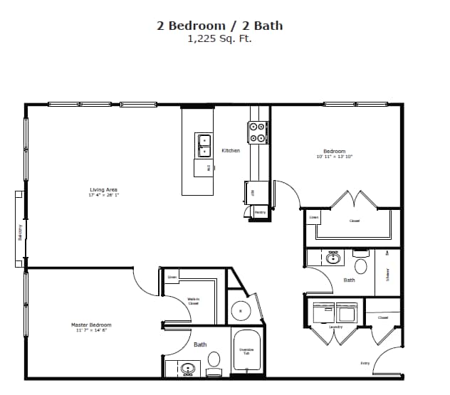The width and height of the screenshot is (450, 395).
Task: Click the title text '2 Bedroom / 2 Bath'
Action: coord(219,26)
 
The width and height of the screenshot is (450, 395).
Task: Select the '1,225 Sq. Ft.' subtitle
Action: coord(219,39)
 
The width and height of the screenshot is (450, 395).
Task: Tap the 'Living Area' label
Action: coord(103,190)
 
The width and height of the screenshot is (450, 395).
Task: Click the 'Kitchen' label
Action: coord(231,150)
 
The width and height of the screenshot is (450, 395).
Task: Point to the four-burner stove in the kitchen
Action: coord(257,132)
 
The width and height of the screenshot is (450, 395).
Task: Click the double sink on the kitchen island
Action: coord(204,145)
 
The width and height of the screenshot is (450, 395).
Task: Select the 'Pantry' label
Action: coord(260,212)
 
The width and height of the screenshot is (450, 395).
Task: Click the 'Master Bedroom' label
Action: coord(91,325)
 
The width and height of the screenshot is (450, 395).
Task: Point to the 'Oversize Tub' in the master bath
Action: coord(247,351)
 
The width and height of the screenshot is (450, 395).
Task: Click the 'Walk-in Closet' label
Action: coord(193,301)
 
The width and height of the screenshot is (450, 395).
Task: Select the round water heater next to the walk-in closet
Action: coord(241,310)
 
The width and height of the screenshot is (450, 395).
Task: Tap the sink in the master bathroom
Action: coord(189,369)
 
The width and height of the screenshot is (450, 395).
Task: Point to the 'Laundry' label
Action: coord(335,327)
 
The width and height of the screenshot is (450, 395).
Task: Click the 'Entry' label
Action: coord(365,363)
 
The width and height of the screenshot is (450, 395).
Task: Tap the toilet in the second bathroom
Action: coord(361,266)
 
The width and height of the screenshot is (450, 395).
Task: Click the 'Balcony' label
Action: coord(19,232)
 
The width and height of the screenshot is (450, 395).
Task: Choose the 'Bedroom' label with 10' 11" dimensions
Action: coord(334,152)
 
